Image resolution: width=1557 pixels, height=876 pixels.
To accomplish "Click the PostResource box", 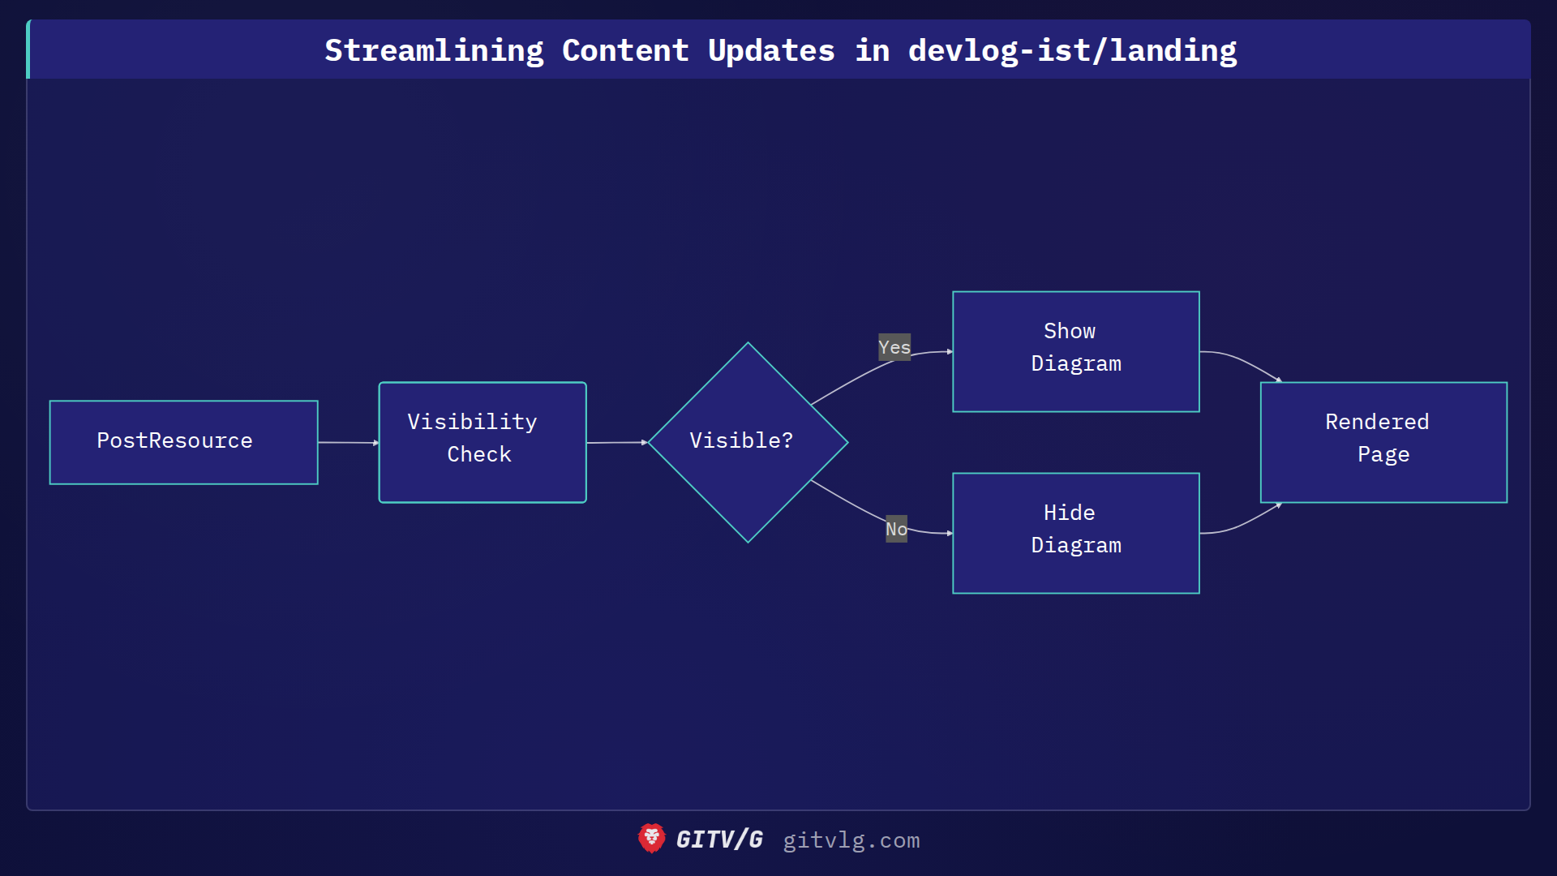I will (x=183, y=442).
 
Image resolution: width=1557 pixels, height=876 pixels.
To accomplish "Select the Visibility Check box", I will (x=483, y=442).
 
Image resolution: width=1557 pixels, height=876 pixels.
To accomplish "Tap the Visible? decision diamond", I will (x=748, y=442).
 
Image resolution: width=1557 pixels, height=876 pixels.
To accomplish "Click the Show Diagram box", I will (x=1075, y=351).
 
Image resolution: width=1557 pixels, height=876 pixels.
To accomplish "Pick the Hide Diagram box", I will (x=1075, y=533).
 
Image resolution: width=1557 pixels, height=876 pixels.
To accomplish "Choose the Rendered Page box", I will (x=1383, y=442).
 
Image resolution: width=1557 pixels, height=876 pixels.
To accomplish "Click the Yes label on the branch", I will (x=894, y=347).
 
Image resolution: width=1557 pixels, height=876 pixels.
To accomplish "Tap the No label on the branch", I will (x=896, y=529).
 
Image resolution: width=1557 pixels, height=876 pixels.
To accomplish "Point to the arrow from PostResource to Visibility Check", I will (x=348, y=442).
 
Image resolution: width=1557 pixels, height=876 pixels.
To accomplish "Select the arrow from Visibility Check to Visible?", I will (x=616, y=442).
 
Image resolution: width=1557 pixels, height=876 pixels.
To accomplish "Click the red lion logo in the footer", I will (x=651, y=839).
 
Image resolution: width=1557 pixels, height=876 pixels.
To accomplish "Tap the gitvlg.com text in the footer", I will (x=851, y=840).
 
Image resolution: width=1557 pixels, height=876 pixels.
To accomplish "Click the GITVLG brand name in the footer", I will (x=719, y=839).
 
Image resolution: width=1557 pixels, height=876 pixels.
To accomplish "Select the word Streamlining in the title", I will (x=434, y=50).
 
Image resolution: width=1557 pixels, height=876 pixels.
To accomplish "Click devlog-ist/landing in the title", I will (x=1072, y=50).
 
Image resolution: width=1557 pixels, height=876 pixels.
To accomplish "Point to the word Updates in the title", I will (x=771, y=50).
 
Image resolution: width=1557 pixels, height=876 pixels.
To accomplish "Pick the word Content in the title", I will (x=625, y=50).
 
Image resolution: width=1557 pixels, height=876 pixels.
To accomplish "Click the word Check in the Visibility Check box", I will (x=479, y=454).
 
